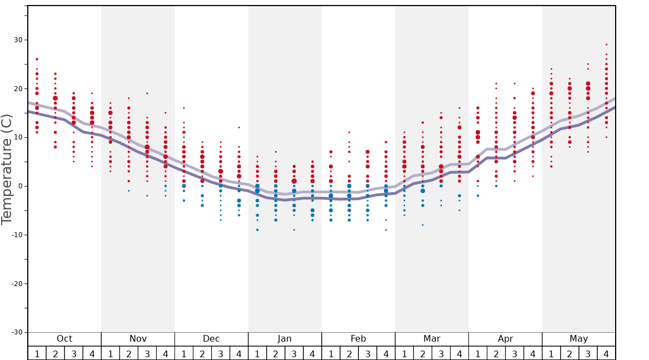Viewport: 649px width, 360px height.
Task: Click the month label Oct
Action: point(64,339)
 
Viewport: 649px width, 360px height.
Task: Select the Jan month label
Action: point(284,339)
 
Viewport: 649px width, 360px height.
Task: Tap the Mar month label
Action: point(432,339)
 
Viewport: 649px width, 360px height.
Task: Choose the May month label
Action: point(578,339)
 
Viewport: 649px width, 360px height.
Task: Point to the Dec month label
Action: point(211,339)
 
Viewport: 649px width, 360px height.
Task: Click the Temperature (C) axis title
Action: point(7,169)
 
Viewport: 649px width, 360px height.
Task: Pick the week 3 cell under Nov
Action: point(147,353)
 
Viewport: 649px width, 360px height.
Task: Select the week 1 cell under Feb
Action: point(331,353)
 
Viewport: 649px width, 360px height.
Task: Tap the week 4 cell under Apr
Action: point(533,353)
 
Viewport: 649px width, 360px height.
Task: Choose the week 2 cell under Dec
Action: point(202,353)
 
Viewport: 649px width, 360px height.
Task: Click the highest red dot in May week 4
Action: point(606,44)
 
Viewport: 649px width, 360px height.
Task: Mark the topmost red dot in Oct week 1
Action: point(37,59)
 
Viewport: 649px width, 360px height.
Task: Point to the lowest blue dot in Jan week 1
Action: point(257,230)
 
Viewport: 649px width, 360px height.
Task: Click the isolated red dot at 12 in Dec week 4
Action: point(239,127)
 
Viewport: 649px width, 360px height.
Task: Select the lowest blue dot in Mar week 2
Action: point(422,225)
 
